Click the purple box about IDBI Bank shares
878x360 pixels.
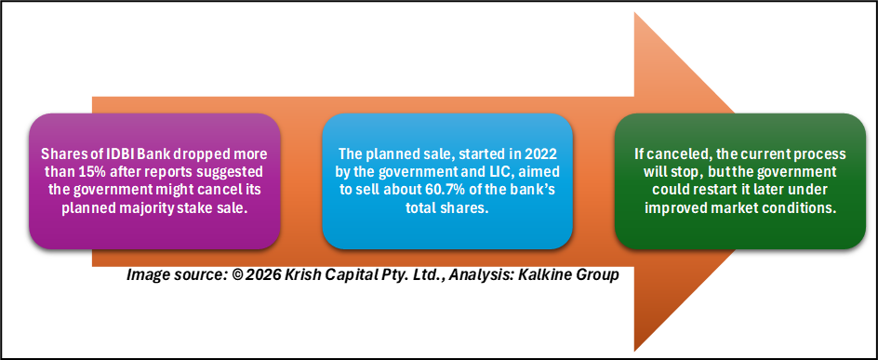[154, 180]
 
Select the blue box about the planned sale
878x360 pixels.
[447, 180]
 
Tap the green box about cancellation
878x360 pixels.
[740, 180]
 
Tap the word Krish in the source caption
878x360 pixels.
[299, 275]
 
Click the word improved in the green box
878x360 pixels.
[670, 207]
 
